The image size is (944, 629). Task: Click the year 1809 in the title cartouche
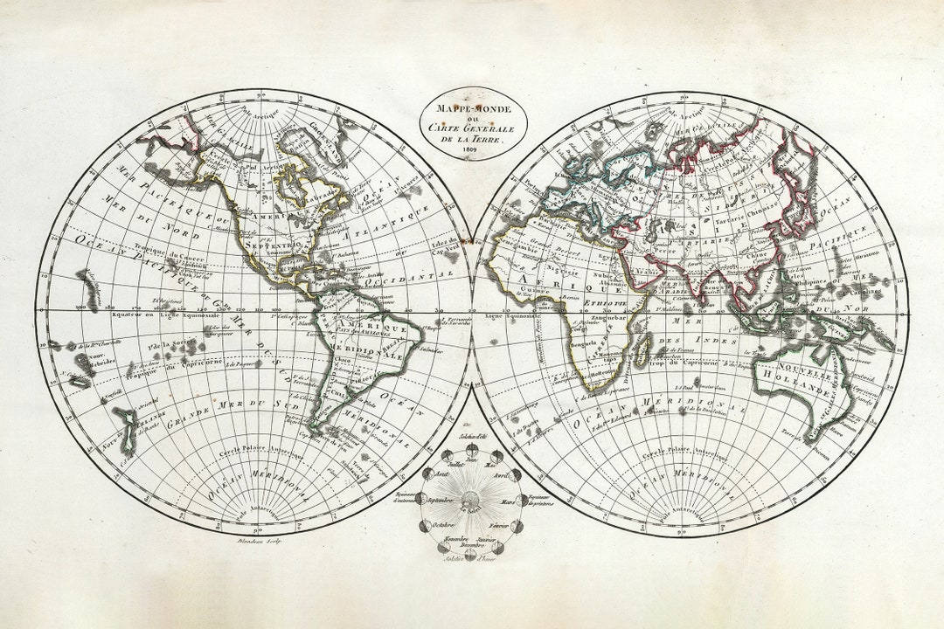tap(471, 155)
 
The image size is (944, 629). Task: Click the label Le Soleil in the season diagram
tap(472, 511)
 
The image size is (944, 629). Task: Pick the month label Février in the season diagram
tap(500, 525)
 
